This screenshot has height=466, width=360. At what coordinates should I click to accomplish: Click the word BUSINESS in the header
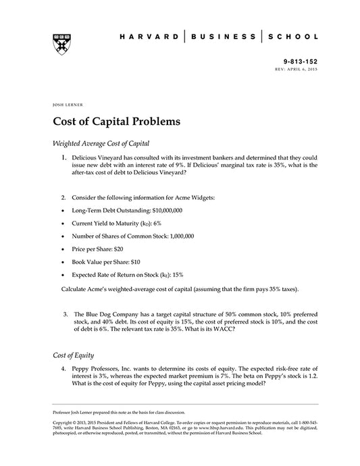[x=222, y=36]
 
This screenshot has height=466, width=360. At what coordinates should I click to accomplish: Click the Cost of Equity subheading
[x=73, y=354]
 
